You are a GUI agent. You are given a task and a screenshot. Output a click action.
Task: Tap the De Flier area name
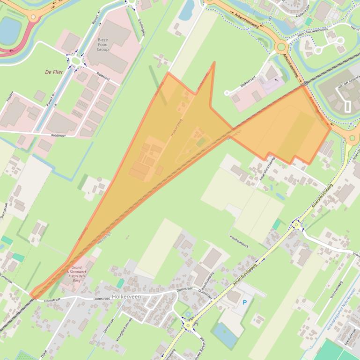tap(54, 72)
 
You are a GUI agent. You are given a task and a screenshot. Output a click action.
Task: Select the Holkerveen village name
tap(126, 296)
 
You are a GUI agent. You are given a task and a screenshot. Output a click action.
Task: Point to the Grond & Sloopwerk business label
tap(74, 274)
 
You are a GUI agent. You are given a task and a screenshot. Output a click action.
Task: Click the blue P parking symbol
tap(244, 302)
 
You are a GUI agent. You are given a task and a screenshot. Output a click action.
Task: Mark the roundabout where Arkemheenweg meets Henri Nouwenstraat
tap(281, 46)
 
